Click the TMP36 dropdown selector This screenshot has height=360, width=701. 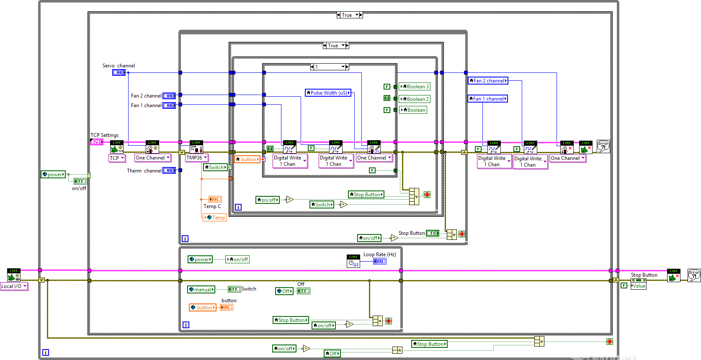coord(197,158)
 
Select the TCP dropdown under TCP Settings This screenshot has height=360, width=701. coord(117,158)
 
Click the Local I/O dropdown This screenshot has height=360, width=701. coord(14,286)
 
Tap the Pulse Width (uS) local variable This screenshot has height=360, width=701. coord(328,93)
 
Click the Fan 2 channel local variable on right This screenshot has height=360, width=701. coord(488,81)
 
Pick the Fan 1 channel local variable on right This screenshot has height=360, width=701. coord(487,99)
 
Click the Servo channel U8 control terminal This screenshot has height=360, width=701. coord(119,72)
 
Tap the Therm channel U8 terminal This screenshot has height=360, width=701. coord(169,170)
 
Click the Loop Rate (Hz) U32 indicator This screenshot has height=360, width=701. coord(379,261)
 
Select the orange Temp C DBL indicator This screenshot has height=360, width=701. coord(215,199)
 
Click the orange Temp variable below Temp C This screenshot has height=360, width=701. coord(215,218)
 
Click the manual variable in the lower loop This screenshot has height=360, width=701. coord(201,290)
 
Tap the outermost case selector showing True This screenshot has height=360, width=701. coord(350,15)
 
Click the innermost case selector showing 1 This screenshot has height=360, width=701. coord(330,67)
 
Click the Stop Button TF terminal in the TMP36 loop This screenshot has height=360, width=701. coord(433,233)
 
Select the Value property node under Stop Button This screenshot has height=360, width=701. coord(639,286)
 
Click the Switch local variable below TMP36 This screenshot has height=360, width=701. coord(215,167)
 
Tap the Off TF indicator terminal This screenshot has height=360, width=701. coord(304,291)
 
